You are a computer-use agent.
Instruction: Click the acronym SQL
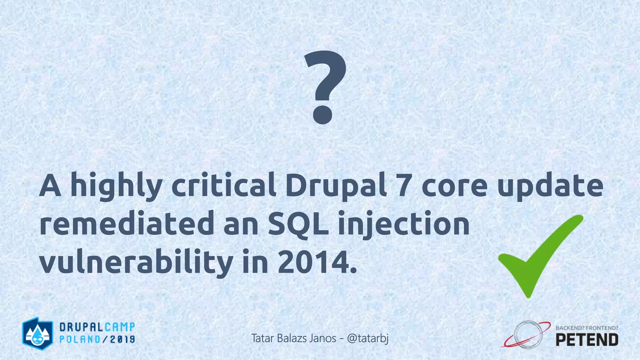pyautogui.click(x=298, y=224)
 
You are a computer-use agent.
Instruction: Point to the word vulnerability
pyautogui.click(x=136, y=262)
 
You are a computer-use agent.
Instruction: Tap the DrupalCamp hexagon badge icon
pyautogui.click(x=37, y=334)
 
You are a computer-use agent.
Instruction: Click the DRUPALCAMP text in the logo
pyautogui.click(x=97, y=327)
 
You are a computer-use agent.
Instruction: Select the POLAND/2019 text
pyautogui.click(x=97, y=339)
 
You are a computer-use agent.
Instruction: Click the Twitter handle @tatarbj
pyautogui.click(x=368, y=338)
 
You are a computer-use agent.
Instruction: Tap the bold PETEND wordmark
pyautogui.click(x=587, y=340)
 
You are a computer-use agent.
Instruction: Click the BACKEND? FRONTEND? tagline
pyautogui.click(x=587, y=328)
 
